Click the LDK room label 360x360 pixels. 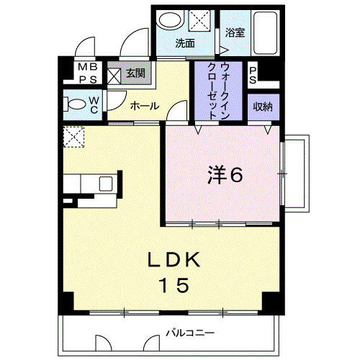(x=173, y=260)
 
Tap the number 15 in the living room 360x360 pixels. (x=173, y=286)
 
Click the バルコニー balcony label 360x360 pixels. (x=189, y=333)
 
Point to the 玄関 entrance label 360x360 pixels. (x=135, y=73)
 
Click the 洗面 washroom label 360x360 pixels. (x=185, y=43)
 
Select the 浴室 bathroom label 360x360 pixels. (x=235, y=32)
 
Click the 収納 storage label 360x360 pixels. (x=262, y=107)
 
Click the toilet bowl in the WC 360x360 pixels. (x=73, y=102)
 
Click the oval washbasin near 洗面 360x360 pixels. (x=170, y=20)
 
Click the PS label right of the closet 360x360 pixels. (x=253, y=73)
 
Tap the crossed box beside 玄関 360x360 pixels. (x=114, y=73)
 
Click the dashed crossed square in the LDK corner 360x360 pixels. (x=73, y=137)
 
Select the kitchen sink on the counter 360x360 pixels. (x=105, y=183)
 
